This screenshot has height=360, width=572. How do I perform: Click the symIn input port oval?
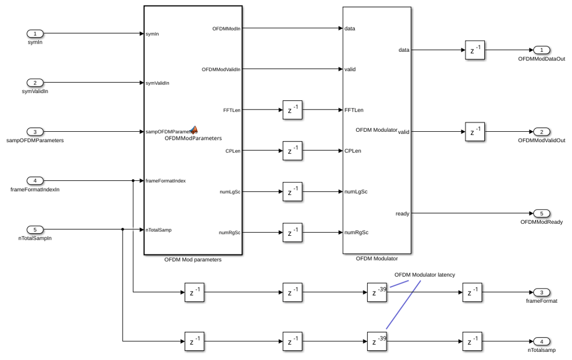pyautogui.click(x=35, y=34)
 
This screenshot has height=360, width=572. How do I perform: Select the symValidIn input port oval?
pyautogui.click(x=35, y=83)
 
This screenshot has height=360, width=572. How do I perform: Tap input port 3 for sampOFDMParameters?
pyautogui.click(x=35, y=132)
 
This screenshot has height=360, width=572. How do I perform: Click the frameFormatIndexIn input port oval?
pyautogui.click(x=35, y=181)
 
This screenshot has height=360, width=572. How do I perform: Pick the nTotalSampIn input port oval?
pyautogui.click(x=35, y=229)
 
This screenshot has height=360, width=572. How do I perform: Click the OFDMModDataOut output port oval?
pyautogui.click(x=541, y=50)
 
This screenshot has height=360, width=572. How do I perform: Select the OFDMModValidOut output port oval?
pyautogui.click(x=541, y=132)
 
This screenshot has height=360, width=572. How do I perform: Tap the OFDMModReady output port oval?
pyautogui.click(x=541, y=213)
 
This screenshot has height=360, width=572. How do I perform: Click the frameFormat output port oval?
pyautogui.click(x=541, y=292)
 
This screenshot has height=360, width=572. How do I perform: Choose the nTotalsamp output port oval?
pyautogui.click(x=541, y=341)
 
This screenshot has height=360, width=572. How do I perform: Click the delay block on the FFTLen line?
pyautogui.click(x=293, y=110)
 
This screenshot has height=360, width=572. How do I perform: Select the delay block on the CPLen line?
pyautogui.click(x=293, y=151)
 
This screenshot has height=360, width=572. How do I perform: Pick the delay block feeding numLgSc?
pyautogui.click(x=293, y=192)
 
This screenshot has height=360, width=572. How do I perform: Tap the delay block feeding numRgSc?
pyautogui.click(x=293, y=233)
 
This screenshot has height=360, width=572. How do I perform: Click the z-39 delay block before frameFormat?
pyautogui.click(x=377, y=292)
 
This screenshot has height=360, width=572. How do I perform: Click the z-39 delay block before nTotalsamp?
pyautogui.click(x=377, y=341)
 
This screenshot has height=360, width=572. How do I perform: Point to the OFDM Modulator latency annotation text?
pyautogui.click(x=424, y=274)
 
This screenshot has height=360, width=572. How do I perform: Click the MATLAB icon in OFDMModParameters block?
pyautogui.click(x=194, y=130)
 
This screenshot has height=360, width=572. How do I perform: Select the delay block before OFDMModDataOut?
pyautogui.click(x=475, y=50)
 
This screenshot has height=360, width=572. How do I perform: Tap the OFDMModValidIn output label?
pyautogui.click(x=221, y=69)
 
